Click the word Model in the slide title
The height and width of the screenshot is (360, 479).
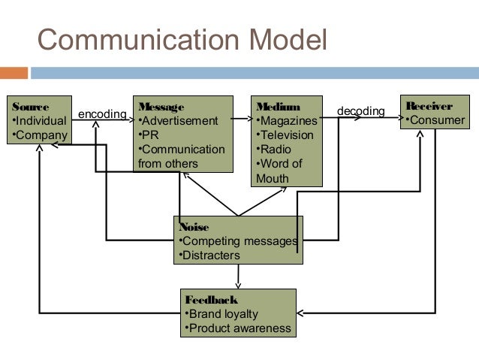tap(288, 40)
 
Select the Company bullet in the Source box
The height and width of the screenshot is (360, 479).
tap(39, 135)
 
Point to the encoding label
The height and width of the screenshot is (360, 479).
tap(102, 114)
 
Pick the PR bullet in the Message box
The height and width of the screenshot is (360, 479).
tap(149, 135)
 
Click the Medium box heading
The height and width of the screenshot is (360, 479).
tap(278, 107)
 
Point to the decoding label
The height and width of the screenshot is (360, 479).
tap(360, 111)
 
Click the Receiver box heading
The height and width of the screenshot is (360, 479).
tap(429, 106)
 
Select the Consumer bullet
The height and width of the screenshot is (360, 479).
tap(435, 120)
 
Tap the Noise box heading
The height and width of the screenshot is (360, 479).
tap(194, 227)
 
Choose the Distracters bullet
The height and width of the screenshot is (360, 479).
tap(209, 256)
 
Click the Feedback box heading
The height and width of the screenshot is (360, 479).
tap(211, 300)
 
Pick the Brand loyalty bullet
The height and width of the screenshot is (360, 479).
tap(221, 314)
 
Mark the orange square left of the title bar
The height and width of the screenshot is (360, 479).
tap(14, 74)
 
